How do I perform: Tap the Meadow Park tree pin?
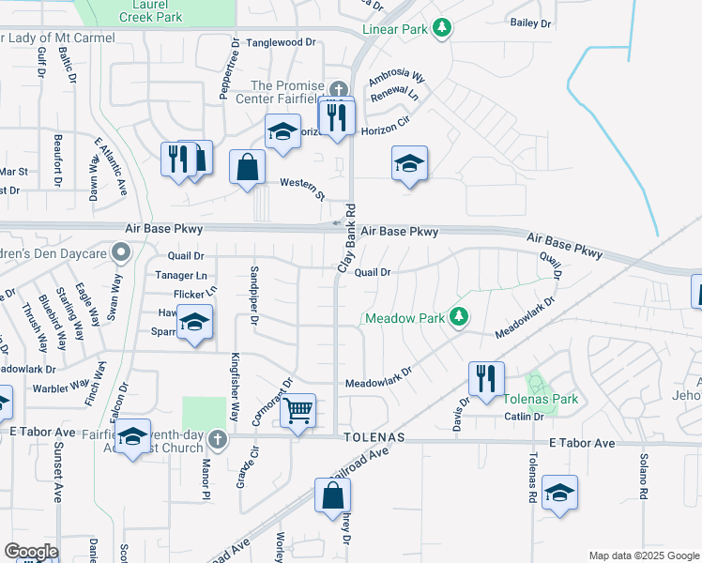(x=459, y=317)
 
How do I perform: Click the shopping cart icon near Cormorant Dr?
(x=298, y=410)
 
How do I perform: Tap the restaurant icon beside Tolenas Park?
(x=486, y=379)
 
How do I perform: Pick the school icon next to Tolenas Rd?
(x=559, y=493)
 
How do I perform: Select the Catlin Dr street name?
(x=524, y=417)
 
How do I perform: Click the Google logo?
(x=31, y=551)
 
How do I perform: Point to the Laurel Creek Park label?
(x=154, y=10)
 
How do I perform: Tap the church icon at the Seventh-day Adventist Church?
(x=217, y=438)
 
